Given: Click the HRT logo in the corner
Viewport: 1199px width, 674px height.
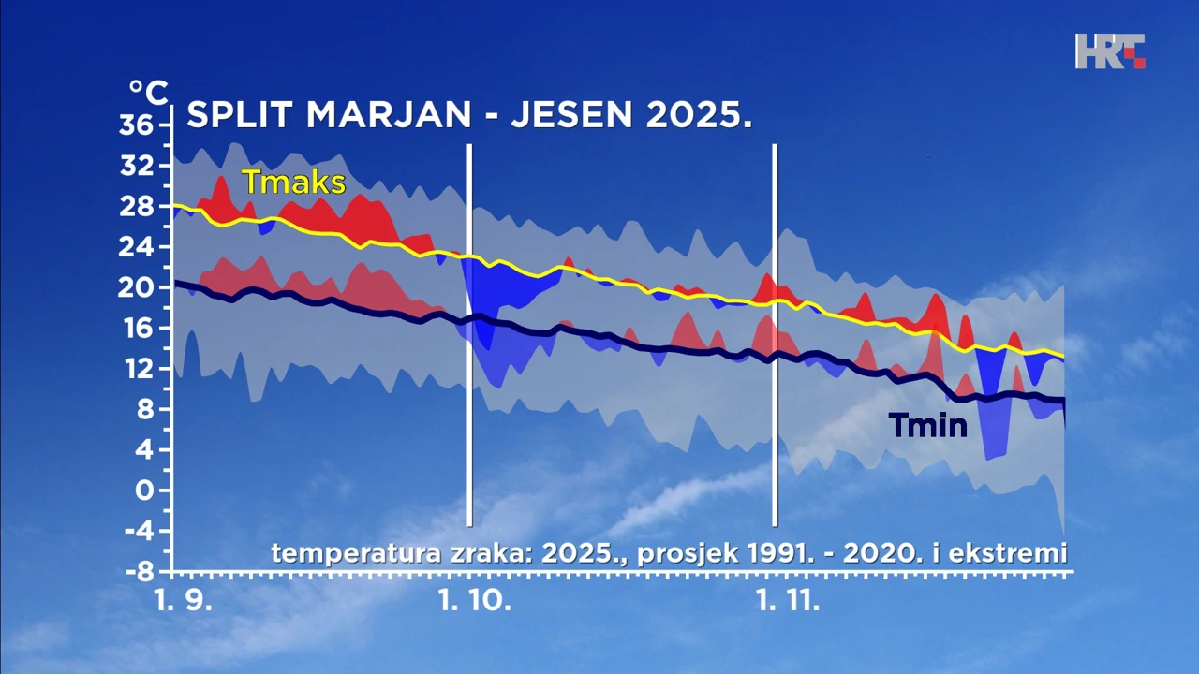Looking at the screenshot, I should (1110, 51).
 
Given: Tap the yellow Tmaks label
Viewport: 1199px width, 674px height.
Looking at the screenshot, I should (293, 183).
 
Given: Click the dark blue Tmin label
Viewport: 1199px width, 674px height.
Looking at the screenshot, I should (927, 427).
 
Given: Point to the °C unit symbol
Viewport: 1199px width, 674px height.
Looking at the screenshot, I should (148, 93).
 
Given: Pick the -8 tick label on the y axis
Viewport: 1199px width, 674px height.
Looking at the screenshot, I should (141, 571).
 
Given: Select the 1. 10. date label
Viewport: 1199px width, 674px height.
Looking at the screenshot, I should (475, 601).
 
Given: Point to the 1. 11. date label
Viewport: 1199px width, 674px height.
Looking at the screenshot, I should (788, 601).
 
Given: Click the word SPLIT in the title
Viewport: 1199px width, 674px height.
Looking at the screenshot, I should (239, 115).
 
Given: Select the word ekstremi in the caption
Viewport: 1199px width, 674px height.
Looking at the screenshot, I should (1008, 553).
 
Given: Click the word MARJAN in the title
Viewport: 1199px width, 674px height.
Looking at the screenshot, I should (388, 115).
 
